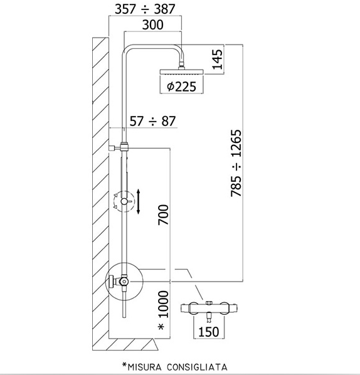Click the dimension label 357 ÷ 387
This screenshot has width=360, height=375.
coord(145,9)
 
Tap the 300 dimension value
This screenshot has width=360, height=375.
coord(153,24)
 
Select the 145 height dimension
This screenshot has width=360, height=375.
coord(218,60)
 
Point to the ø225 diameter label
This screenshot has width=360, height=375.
coord(181,87)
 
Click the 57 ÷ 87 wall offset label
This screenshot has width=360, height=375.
coord(152,121)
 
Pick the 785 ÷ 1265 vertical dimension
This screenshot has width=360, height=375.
coord(236,163)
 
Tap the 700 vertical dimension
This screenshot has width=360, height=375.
coord(164,214)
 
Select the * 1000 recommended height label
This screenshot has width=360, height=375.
coord(164,310)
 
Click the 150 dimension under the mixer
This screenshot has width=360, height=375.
coord(209,332)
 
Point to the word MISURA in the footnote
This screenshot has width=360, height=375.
coord(142,367)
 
